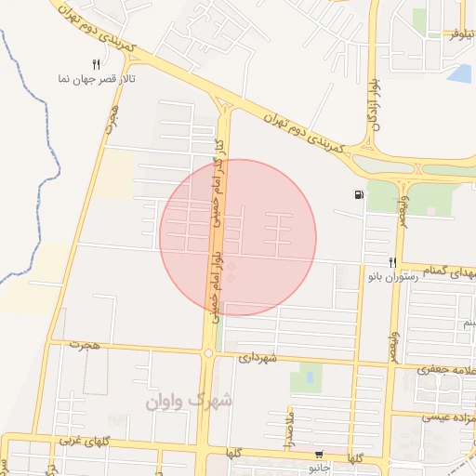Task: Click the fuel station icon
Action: tap(359, 195)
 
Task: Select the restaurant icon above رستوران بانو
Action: tap(393, 263)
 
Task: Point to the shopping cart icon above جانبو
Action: tap(320, 455)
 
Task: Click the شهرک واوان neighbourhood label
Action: tap(190, 401)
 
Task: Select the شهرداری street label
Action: tap(258, 356)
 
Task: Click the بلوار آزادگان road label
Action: tap(374, 102)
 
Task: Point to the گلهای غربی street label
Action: tap(86, 439)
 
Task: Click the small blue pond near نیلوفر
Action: tap(459, 73)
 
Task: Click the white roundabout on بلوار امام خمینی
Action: tap(208, 353)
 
